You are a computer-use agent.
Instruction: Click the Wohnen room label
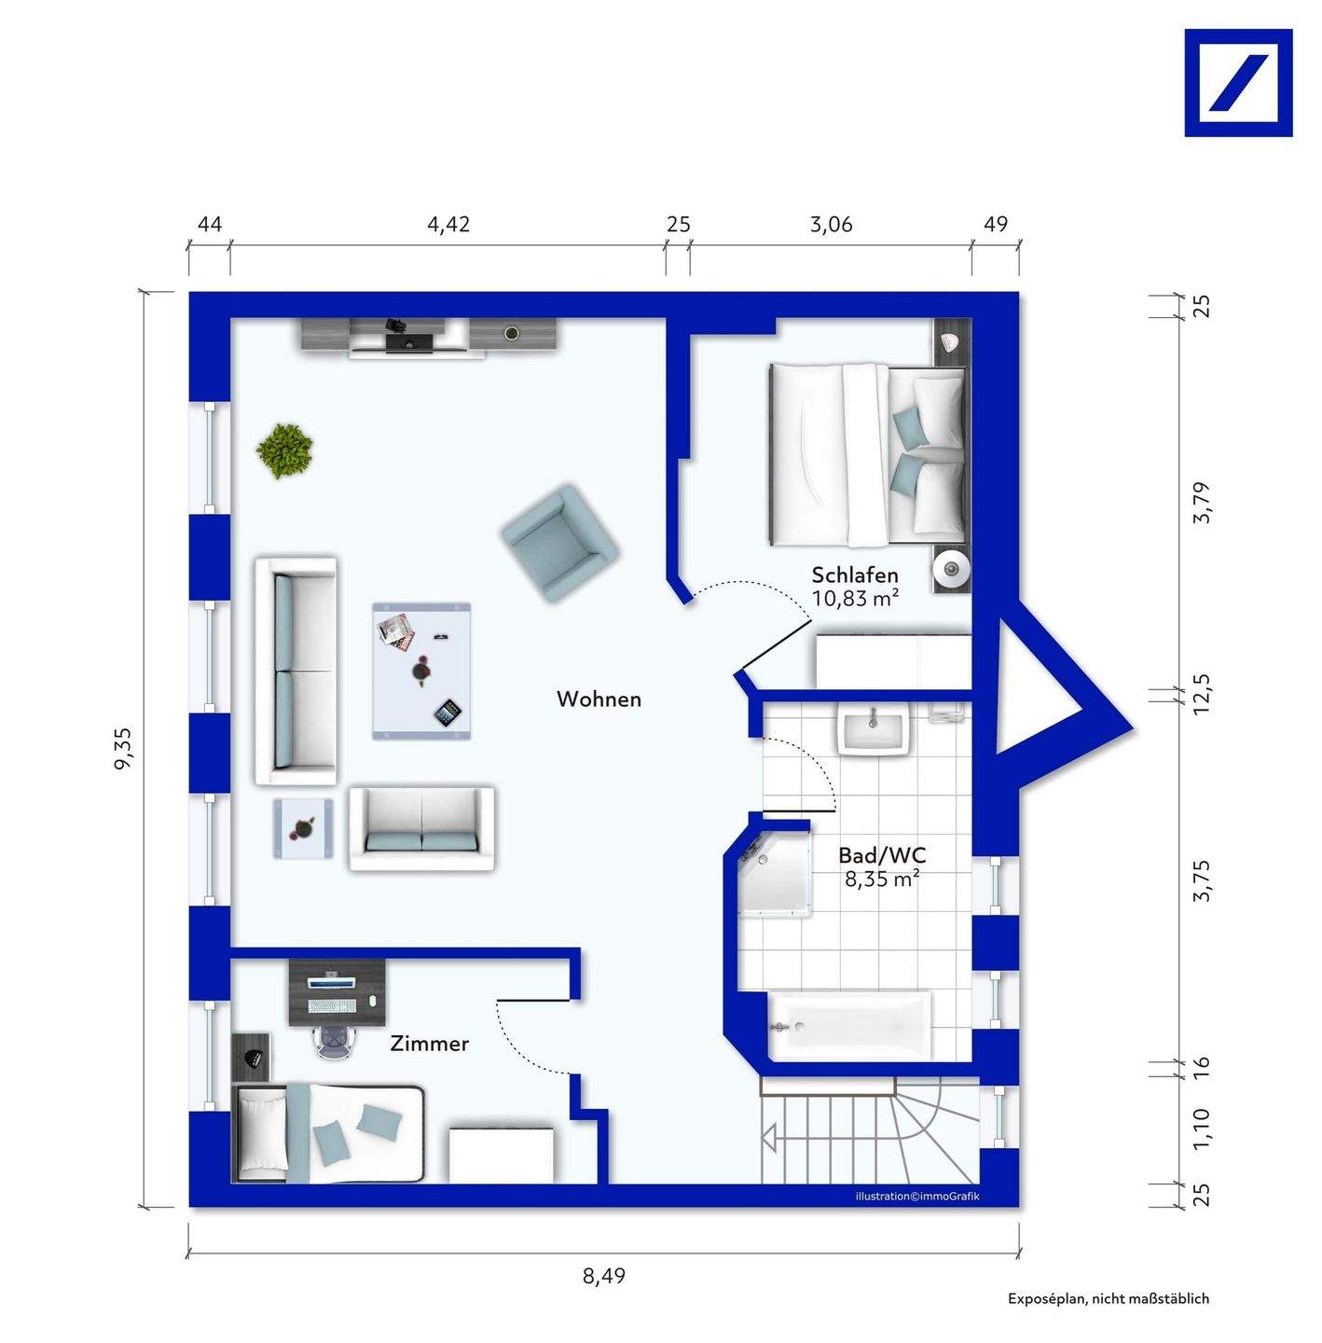point(599,699)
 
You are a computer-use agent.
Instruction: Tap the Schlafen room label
point(855,575)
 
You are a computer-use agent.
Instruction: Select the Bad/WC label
point(882,855)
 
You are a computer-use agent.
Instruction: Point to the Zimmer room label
point(429,1044)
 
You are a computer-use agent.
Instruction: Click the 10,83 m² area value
point(855,599)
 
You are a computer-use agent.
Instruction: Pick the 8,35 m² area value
point(882,879)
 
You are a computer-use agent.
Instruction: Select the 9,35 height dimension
point(123,749)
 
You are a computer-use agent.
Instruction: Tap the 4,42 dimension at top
point(448,225)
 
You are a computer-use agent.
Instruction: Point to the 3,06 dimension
point(832,225)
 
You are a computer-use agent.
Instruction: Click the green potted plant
point(284,450)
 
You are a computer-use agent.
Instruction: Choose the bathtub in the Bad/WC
point(848,1026)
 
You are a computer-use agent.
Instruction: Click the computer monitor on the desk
point(333,982)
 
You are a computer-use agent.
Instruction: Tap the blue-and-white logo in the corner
point(1238,83)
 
